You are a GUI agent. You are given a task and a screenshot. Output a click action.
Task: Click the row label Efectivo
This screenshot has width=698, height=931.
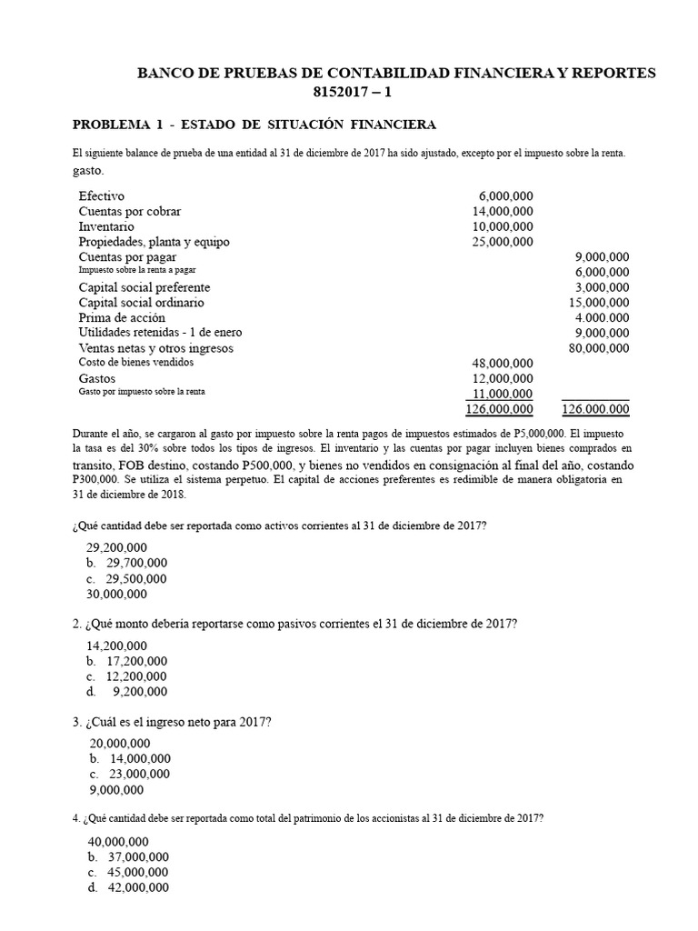pos(102,196)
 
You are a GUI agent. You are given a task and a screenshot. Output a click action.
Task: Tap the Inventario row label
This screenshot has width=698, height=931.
pos(106,226)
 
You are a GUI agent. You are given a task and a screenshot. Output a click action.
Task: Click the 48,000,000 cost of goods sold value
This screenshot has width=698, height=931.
pos(499,364)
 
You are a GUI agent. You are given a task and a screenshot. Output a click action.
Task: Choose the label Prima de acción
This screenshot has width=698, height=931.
pos(122,318)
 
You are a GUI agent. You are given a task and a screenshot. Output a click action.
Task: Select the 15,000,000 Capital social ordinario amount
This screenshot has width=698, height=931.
pos(596,303)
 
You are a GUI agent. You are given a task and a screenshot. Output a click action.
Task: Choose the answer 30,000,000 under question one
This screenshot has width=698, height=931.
pos(116,594)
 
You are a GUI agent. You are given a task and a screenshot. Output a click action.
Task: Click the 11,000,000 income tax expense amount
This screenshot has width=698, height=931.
pos(499,394)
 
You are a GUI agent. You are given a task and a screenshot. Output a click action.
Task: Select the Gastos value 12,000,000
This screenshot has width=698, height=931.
pos(499,378)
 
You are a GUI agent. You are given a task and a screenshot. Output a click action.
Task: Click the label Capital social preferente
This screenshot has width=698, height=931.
pos(145,287)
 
